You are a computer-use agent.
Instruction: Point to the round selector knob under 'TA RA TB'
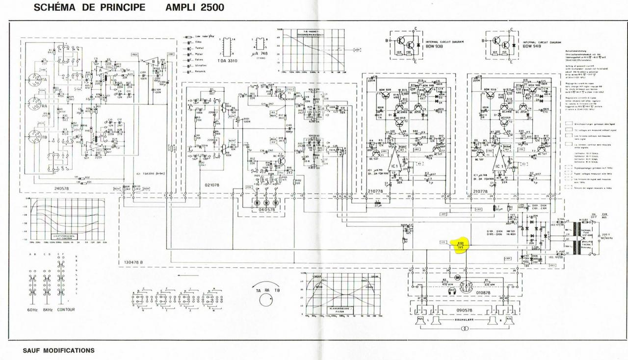click(265, 299)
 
